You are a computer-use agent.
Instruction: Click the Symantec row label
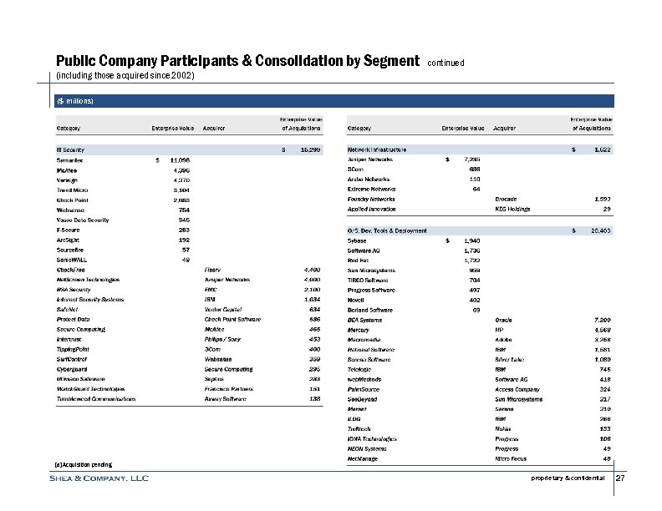[x=70, y=159]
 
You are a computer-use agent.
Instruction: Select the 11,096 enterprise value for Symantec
[x=179, y=159]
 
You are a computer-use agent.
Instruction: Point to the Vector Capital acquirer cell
[x=222, y=309]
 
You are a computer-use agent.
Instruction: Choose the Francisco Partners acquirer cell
[x=229, y=389]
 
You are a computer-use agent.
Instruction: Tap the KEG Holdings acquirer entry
[x=514, y=209]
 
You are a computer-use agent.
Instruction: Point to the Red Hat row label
[x=359, y=260]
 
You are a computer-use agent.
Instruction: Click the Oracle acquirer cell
[x=504, y=320]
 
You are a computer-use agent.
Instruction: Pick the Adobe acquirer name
[x=503, y=340]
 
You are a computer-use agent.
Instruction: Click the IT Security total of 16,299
[x=308, y=149]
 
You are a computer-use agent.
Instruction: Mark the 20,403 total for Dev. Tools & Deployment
[x=599, y=230]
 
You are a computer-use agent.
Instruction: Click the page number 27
[x=620, y=478]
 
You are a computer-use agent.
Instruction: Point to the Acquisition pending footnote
[x=82, y=463]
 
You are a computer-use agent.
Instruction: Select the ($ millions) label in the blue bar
[x=75, y=101]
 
